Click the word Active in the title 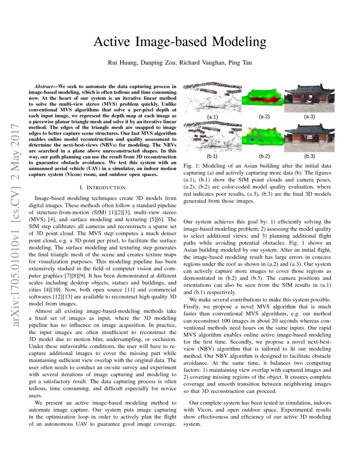point(112,42)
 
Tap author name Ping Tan point(240,63)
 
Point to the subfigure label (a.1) point(212,116)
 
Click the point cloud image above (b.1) point(212,136)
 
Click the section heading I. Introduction point(102,188)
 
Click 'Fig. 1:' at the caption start point(192,166)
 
